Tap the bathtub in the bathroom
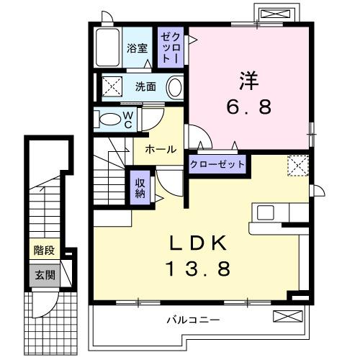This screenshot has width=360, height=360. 107,48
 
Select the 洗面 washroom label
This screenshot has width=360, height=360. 145,86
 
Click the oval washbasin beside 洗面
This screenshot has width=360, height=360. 175,87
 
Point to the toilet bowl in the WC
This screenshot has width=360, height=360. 108,119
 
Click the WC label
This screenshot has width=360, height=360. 127,118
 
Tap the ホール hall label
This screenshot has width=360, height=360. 161,149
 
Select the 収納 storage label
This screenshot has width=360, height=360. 140,186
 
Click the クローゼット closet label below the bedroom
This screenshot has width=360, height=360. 217,164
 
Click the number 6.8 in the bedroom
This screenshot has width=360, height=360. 250,107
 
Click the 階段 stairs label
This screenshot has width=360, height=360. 43,251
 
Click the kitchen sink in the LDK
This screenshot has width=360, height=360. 264,213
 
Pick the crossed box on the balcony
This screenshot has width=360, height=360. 284,316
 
